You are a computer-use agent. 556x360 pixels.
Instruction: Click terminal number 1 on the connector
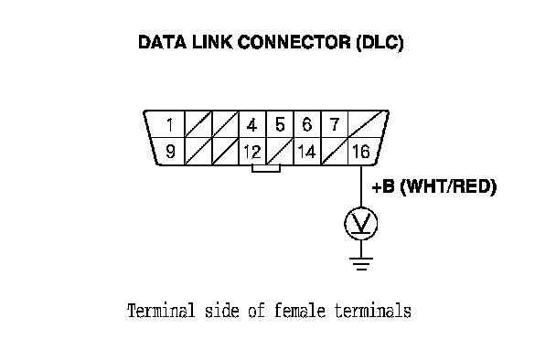pos(170,125)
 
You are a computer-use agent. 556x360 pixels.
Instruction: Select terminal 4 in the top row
pos(251,125)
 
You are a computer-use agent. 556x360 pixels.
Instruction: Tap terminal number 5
pos(280,125)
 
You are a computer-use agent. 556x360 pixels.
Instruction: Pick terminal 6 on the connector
pos(307,125)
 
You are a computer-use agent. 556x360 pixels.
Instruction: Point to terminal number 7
pos(335,125)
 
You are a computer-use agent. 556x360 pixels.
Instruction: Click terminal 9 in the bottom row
pos(170,152)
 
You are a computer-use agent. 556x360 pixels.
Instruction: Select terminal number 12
pos(252,152)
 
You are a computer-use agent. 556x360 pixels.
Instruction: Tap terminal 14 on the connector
pos(306,152)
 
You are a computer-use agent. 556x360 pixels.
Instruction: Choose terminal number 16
pos(361,152)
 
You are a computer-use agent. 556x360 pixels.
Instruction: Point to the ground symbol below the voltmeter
pos(361,264)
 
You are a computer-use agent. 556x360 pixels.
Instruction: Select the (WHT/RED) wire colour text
pos(448,186)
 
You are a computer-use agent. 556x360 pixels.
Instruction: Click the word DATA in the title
pos(162,42)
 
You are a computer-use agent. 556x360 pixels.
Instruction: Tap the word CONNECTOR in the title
pos(294,42)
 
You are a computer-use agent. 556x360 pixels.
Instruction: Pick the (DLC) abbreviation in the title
pos(380,43)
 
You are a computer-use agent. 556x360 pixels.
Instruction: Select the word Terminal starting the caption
pos(161,311)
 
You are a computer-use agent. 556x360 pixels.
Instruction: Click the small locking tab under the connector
pos(266,169)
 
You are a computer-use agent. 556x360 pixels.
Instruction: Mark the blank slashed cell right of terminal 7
pos(367,124)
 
